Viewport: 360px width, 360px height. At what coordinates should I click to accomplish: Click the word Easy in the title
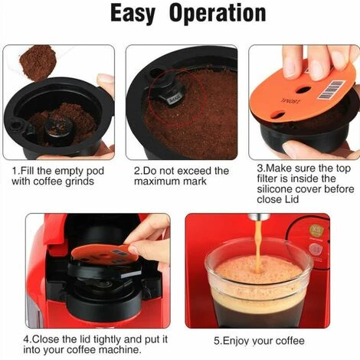click(x=133, y=14)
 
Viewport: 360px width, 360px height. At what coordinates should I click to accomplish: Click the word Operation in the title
click(x=218, y=13)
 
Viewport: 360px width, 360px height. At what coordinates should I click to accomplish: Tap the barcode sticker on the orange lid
click(x=332, y=90)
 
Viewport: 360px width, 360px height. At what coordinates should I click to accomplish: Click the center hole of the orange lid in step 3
click(x=304, y=90)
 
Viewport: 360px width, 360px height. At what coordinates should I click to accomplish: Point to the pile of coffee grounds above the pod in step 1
click(x=38, y=62)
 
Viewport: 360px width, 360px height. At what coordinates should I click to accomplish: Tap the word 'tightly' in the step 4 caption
click(x=107, y=339)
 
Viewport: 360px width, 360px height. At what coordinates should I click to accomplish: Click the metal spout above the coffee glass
click(x=259, y=217)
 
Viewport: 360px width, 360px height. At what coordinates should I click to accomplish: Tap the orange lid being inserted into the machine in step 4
click(x=105, y=254)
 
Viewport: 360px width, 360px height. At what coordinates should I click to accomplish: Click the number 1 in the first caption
click(x=15, y=171)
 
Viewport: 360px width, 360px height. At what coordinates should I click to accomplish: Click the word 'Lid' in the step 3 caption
click(x=292, y=199)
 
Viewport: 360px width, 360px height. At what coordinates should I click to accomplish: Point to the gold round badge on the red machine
click(x=315, y=231)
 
